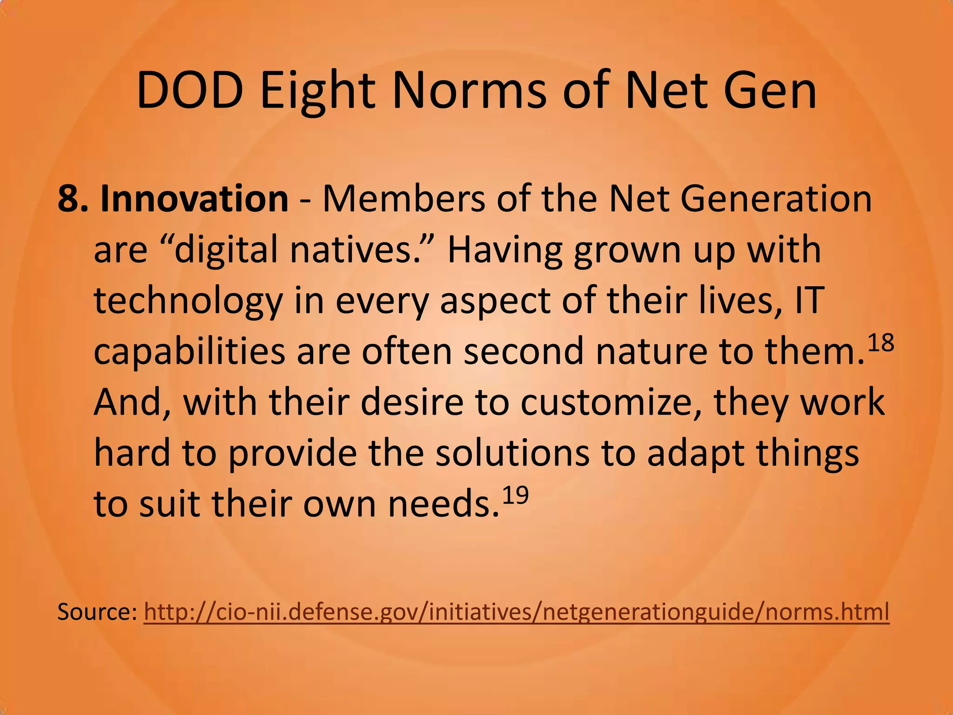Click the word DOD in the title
(x=190, y=91)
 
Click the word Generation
(x=776, y=199)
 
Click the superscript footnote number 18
(x=880, y=343)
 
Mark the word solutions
(x=512, y=453)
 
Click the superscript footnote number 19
(x=515, y=495)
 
